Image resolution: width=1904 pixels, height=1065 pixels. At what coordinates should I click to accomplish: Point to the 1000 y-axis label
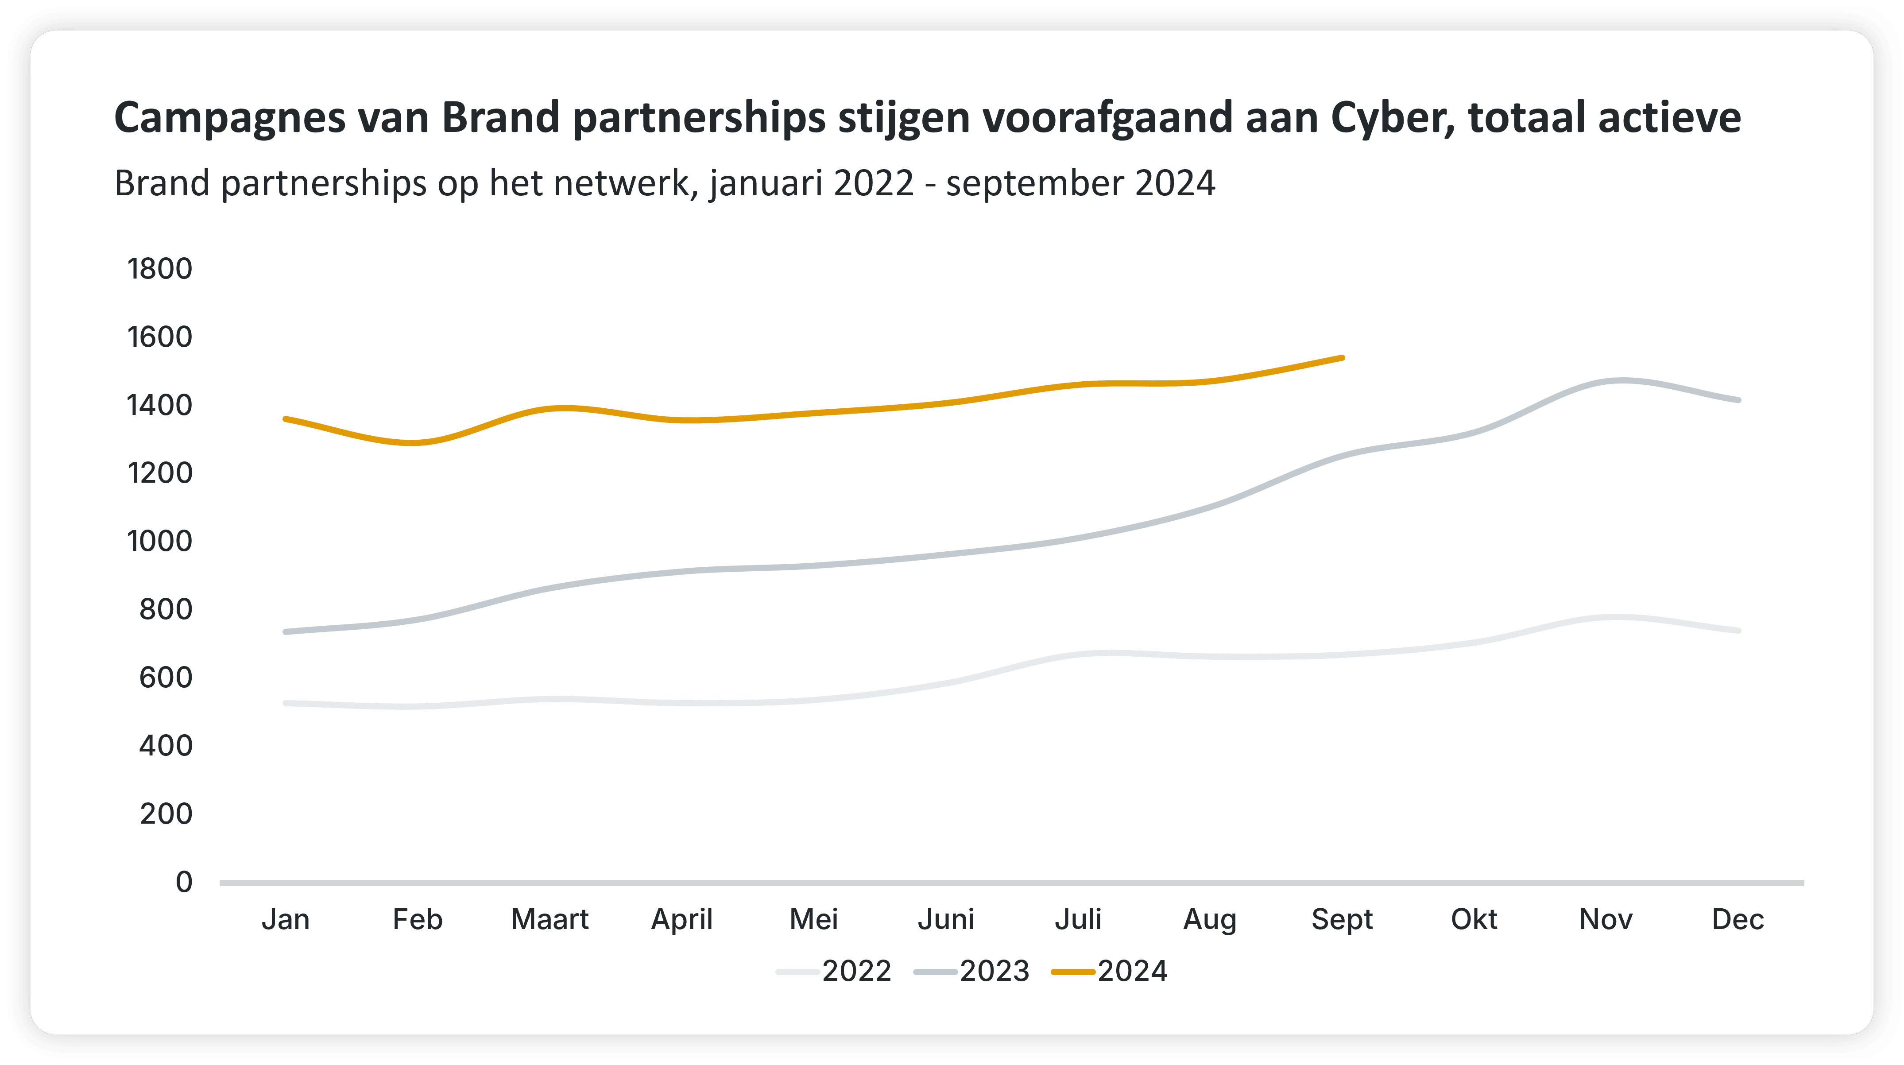pos(160,541)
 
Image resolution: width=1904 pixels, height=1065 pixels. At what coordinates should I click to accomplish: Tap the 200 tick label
pos(166,814)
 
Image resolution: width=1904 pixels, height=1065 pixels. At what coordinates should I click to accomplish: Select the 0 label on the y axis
pos(184,882)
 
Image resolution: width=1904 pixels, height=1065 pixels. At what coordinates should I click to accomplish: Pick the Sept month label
pos(1342,919)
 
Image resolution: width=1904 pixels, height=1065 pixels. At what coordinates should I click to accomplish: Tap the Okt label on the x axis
pos(1474,919)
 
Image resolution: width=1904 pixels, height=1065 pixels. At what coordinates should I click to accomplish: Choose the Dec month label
pos(1738,919)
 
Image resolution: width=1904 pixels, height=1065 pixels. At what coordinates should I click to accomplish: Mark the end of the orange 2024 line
pos(1342,358)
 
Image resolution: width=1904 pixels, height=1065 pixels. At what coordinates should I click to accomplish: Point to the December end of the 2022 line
pos(1738,631)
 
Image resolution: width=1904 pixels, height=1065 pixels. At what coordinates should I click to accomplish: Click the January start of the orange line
pos(286,419)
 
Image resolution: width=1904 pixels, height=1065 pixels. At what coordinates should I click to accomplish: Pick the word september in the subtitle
pos(1035,183)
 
